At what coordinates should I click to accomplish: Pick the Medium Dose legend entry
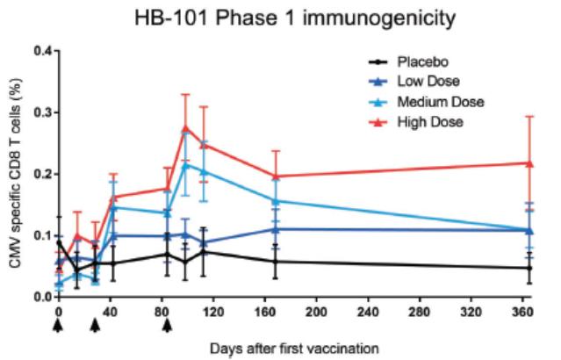point(435,102)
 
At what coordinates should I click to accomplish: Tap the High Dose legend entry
point(428,121)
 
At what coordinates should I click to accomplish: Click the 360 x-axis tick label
point(525,312)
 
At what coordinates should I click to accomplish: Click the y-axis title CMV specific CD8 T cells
point(14,174)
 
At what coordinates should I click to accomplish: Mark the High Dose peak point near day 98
point(185,128)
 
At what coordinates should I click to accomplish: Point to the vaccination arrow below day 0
point(58,325)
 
